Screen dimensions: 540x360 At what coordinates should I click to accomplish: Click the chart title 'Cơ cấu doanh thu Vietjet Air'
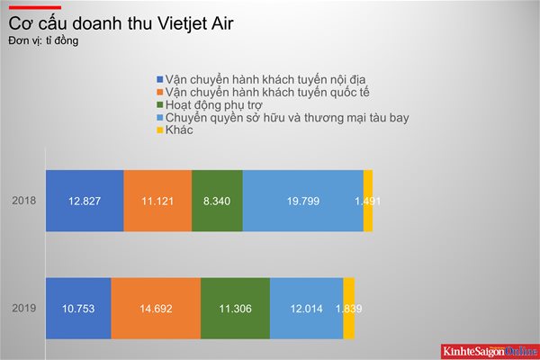point(121,23)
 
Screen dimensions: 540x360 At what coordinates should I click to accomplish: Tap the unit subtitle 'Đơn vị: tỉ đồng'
point(43,40)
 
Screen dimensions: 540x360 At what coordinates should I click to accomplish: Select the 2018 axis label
point(23,201)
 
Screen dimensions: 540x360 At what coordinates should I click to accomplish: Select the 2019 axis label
point(23,308)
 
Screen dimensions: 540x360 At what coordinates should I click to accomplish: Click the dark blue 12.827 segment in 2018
point(85,201)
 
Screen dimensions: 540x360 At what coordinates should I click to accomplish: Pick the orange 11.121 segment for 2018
point(157,201)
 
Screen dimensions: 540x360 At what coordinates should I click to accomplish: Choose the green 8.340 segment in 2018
point(217,201)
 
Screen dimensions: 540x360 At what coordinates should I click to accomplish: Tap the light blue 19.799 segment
point(303,201)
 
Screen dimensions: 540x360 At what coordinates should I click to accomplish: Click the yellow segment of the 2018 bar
point(368,201)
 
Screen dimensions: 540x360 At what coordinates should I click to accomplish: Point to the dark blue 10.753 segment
point(78,309)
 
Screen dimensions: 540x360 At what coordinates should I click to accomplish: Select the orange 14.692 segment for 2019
point(156,309)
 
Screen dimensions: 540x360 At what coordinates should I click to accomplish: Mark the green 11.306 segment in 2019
point(236,309)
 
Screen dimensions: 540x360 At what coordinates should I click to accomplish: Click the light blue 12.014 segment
point(307,309)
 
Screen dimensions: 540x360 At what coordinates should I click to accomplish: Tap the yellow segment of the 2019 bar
point(349,309)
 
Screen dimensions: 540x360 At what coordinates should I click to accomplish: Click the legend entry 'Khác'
point(175,130)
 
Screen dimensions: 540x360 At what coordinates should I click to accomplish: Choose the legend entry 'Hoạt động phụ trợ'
point(210,104)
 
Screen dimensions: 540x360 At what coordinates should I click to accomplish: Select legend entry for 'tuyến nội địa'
point(261,79)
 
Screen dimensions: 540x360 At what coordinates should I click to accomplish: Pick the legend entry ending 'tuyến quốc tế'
point(263,93)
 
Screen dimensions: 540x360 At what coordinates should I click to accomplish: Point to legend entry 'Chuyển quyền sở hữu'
point(283,118)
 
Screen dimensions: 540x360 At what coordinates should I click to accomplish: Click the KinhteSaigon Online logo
point(490,351)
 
